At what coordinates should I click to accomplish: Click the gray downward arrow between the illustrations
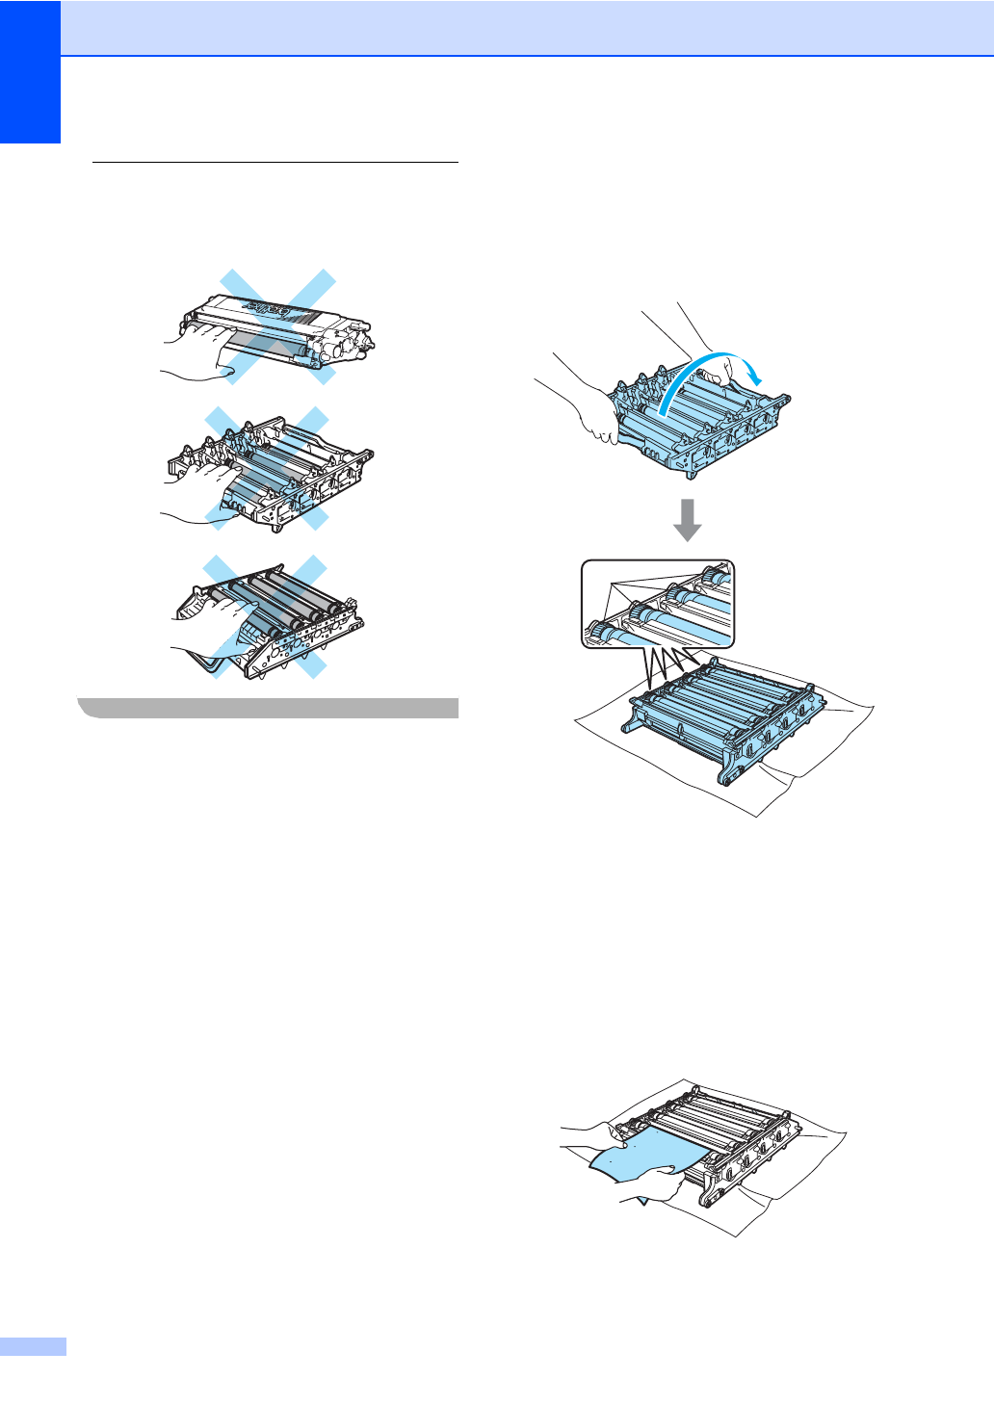(x=687, y=518)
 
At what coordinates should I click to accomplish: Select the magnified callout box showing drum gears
(x=658, y=604)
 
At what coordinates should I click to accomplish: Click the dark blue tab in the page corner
(x=30, y=71)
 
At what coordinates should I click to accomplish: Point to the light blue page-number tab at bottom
(x=33, y=1346)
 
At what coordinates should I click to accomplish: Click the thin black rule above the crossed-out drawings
(x=275, y=163)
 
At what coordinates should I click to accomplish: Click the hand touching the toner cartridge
(x=193, y=351)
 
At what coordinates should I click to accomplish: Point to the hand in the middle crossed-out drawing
(x=197, y=491)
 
